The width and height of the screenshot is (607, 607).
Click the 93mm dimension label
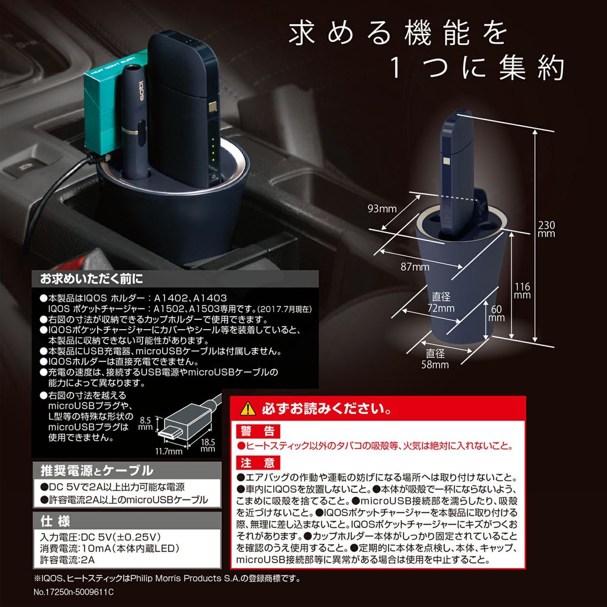(x=382, y=209)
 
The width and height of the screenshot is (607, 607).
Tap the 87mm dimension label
(x=415, y=266)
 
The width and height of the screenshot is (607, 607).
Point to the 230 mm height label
(x=546, y=229)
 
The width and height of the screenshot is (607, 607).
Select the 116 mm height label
(x=522, y=291)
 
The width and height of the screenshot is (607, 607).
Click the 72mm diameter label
(x=441, y=302)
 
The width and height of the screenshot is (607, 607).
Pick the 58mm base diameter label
(x=435, y=359)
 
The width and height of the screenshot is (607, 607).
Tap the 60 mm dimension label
(x=497, y=314)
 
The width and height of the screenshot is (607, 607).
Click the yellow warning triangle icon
(x=248, y=409)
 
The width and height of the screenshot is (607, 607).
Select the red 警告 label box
(x=258, y=431)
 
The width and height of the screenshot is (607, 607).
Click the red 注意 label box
(x=258, y=463)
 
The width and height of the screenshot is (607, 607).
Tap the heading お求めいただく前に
(x=92, y=279)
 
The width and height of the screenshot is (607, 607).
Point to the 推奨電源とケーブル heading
(x=97, y=471)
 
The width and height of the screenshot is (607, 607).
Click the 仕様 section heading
(x=55, y=521)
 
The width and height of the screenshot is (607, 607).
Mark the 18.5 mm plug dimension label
(x=208, y=445)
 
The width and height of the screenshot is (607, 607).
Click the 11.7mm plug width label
(x=169, y=452)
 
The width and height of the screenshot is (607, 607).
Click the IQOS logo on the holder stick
(x=141, y=90)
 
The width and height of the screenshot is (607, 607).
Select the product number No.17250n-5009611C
(x=73, y=592)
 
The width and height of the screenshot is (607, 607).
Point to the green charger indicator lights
(x=212, y=149)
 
